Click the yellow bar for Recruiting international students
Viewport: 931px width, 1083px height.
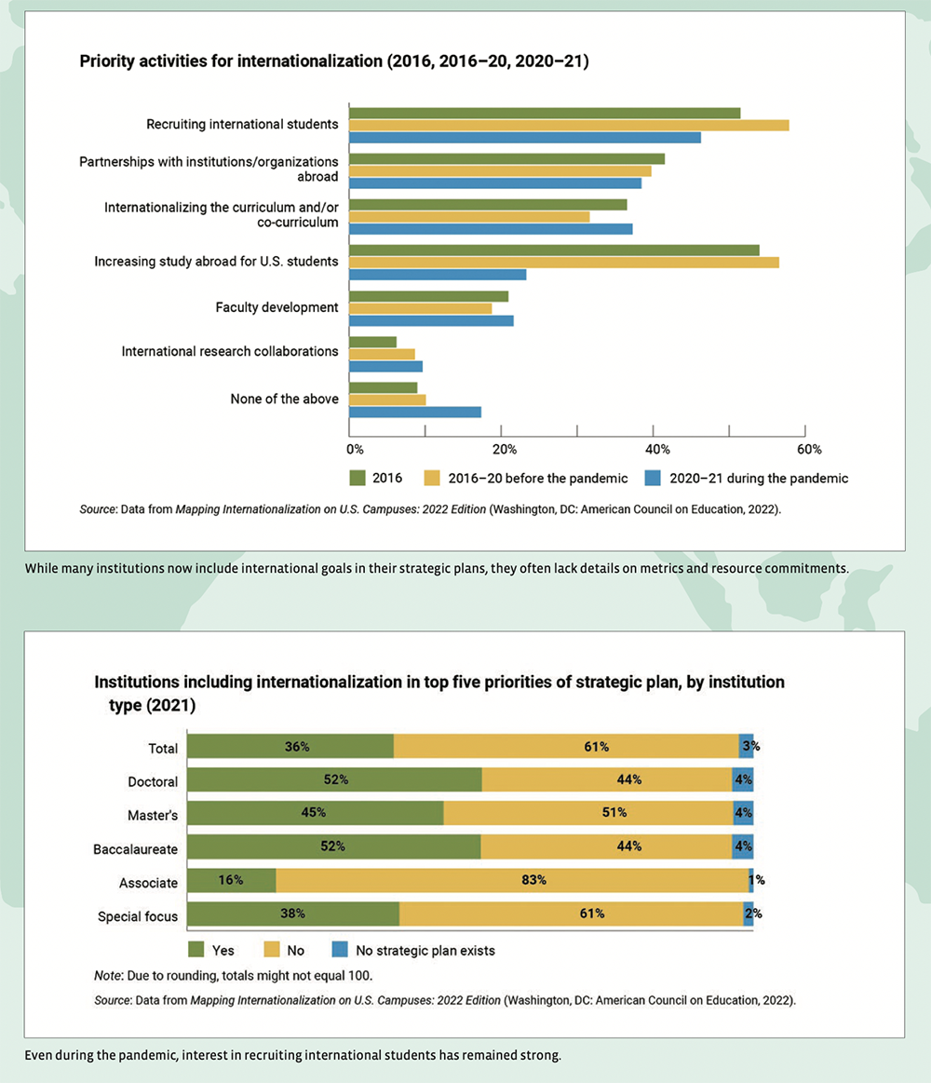click(x=569, y=125)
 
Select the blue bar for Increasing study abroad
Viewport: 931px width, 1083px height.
click(x=438, y=275)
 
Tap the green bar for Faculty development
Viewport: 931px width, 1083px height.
click(x=428, y=296)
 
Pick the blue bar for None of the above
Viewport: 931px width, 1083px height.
click(x=415, y=412)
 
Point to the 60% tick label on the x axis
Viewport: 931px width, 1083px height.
click(x=809, y=449)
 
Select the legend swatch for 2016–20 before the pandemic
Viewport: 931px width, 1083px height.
click(x=432, y=478)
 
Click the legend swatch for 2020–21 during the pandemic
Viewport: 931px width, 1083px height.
click(x=654, y=478)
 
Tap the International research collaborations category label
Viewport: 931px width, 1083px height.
click(x=230, y=351)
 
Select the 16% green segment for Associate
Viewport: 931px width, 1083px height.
click(x=232, y=880)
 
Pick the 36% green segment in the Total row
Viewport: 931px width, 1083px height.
click(x=290, y=747)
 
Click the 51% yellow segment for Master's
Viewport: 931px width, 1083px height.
click(x=588, y=813)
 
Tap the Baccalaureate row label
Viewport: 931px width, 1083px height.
click(x=135, y=849)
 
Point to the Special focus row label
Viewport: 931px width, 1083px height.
click(x=138, y=916)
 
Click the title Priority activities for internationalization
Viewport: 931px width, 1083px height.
click(x=334, y=62)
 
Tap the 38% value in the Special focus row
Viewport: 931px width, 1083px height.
click(x=292, y=914)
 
